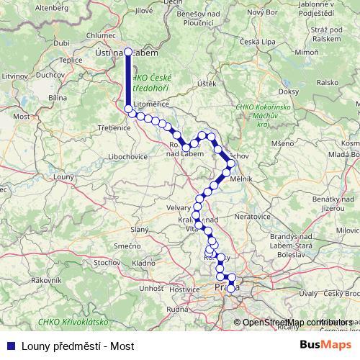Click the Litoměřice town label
pyautogui.click(x=150, y=104)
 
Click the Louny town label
pyautogui.click(x=64, y=176)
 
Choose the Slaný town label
pyautogui.click(x=138, y=229)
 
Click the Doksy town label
pyautogui.click(x=288, y=92)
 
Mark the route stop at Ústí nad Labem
pyautogui.click(x=128, y=52)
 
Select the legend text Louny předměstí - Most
pyautogui.click(x=78, y=345)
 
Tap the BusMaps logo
pyautogui.click(x=325, y=345)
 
